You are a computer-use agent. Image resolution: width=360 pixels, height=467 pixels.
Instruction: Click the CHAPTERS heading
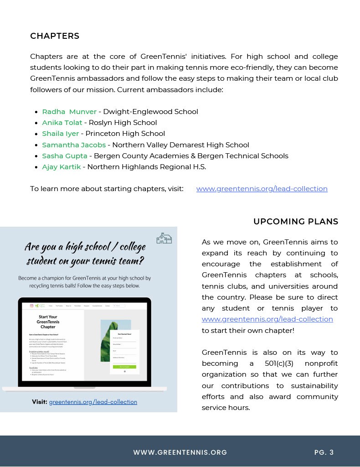coord(55,36)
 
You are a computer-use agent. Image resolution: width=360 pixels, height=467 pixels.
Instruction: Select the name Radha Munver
coord(69,112)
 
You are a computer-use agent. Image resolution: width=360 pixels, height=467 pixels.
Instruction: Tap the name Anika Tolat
coord(62,123)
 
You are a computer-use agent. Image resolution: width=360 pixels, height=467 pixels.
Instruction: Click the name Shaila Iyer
coord(60,134)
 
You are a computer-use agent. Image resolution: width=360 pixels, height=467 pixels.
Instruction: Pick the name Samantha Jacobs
coord(74,145)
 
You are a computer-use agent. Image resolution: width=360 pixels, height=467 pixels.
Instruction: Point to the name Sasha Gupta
coord(65,156)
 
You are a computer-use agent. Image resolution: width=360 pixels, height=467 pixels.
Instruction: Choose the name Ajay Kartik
coord(61,167)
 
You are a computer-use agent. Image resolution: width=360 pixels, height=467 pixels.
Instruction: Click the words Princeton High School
coord(125,134)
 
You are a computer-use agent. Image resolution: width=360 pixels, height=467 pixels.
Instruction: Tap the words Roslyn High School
coord(123,123)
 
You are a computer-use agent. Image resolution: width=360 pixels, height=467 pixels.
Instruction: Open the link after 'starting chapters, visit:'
coord(262,189)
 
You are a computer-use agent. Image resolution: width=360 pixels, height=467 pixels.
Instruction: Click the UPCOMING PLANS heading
coord(296,222)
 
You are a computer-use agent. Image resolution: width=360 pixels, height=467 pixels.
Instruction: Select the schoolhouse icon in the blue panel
coord(164,238)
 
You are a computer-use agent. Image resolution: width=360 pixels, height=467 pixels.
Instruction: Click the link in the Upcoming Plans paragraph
coord(267,319)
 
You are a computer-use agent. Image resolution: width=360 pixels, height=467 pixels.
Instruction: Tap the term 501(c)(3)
coord(283,363)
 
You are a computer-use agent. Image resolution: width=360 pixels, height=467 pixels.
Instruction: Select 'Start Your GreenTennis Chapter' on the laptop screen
coord(48,322)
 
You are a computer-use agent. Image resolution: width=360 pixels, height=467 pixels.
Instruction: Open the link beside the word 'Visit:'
coord(93,402)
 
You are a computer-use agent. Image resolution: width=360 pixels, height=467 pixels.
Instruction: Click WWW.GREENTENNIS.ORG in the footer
coord(180,452)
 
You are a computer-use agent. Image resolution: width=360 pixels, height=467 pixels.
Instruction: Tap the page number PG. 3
coord(324,452)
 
